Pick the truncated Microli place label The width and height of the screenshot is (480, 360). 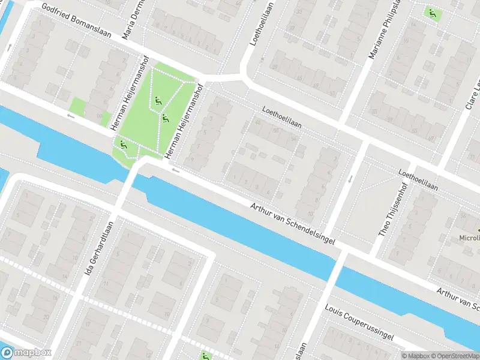click(469, 238)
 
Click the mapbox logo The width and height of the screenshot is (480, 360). click(26, 353)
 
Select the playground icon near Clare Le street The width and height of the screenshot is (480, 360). click(431, 12)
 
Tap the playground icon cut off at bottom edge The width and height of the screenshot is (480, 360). click(206, 356)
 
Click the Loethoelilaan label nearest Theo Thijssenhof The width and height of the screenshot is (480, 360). click(418, 179)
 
